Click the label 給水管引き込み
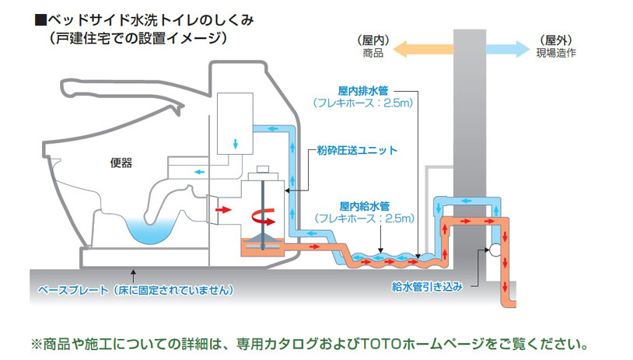428,286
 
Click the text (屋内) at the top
374,40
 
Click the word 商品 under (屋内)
373,54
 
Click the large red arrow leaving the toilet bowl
223,210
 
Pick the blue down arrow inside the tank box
236,145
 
